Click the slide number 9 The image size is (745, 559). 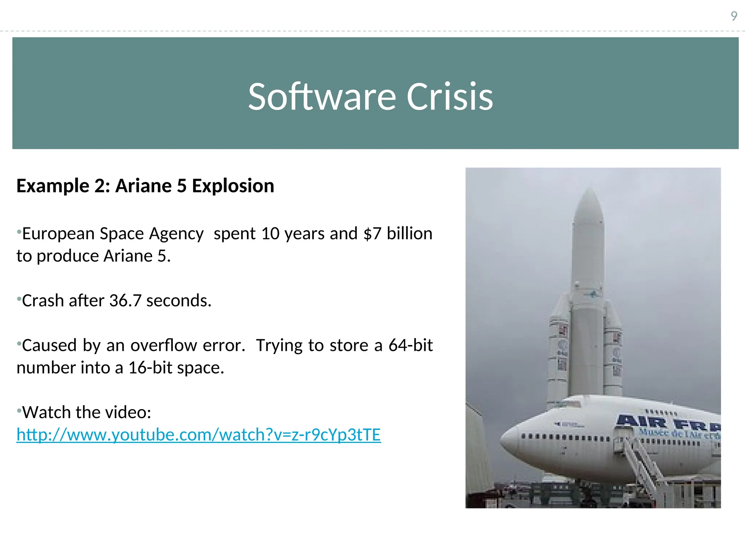[x=734, y=16]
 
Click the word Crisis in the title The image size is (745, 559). [x=450, y=97]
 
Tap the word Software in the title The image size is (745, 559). [x=322, y=97]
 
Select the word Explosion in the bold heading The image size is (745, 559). [x=233, y=186]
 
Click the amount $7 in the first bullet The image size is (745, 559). [x=372, y=234]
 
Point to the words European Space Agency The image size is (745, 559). [x=113, y=234]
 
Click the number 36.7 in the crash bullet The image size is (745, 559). [x=125, y=301]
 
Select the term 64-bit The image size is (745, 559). [x=410, y=345]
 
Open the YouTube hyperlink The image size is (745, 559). [x=199, y=435]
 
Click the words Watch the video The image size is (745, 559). [x=87, y=413]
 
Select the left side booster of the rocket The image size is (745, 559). [x=558, y=349]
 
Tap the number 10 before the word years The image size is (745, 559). [x=270, y=234]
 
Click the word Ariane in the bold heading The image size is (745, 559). [x=144, y=186]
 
